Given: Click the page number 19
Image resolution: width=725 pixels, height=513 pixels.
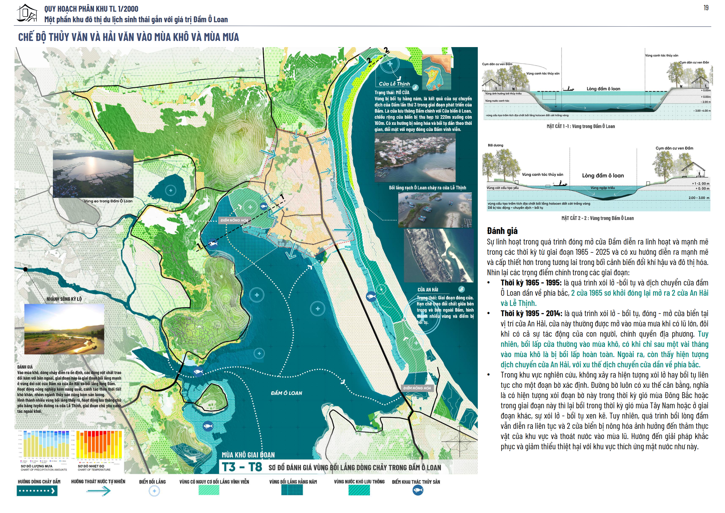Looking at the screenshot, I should click(x=706, y=8).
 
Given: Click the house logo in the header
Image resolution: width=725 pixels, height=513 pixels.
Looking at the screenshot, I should click(x=27, y=13).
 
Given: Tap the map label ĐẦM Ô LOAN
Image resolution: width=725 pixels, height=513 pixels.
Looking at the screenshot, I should click(x=286, y=393).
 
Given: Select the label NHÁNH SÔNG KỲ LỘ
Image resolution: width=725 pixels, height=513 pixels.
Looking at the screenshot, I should click(x=64, y=299).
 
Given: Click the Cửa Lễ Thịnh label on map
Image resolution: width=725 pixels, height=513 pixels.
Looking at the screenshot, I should click(x=394, y=84).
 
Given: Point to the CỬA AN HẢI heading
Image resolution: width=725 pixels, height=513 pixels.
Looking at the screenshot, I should click(x=428, y=290).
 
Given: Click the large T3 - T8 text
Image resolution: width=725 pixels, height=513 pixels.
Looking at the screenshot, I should click(x=242, y=467).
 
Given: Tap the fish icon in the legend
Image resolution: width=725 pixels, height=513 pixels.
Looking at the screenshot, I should click(x=418, y=490).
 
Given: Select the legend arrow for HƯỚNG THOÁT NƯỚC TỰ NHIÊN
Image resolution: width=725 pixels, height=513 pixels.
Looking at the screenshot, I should click(x=98, y=491).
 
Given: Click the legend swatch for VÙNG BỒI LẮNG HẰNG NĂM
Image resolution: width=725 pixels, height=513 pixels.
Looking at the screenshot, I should click(x=292, y=490).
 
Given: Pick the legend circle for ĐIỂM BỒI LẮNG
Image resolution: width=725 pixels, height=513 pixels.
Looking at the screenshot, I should click(x=154, y=491).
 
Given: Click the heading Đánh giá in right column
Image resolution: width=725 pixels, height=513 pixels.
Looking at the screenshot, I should click(x=502, y=231).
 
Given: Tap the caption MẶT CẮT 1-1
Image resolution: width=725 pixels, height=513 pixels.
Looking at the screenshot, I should click(x=581, y=126).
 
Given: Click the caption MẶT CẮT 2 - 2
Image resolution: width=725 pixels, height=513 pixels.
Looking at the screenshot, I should click(x=597, y=218).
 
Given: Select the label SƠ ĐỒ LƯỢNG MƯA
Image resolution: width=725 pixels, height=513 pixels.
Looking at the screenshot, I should click(x=37, y=466).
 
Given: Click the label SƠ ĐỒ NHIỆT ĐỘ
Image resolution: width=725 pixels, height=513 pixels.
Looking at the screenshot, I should click(x=91, y=466).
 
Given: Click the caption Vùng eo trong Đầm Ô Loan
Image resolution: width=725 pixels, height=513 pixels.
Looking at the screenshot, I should click(x=108, y=201).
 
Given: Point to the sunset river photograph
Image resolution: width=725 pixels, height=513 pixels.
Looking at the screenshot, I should click(x=64, y=329).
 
